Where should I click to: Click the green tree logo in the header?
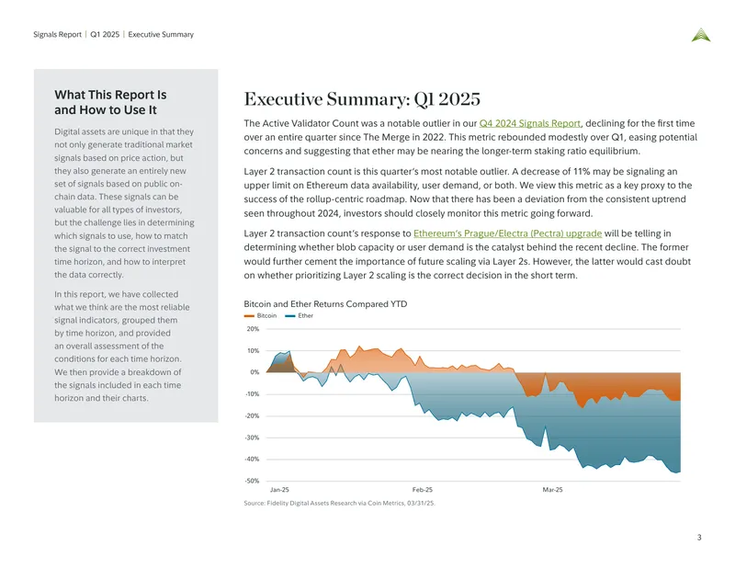pyautogui.click(x=701, y=35)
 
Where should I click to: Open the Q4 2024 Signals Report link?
pyautogui.click(x=530, y=123)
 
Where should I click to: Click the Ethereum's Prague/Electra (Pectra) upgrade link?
pyautogui.click(x=508, y=233)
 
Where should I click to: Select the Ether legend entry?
pyautogui.click(x=300, y=315)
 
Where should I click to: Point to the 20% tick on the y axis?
pyautogui.click(x=254, y=329)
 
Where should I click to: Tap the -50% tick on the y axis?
pyautogui.click(x=252, y=481)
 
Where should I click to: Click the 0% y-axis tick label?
pyautogui.click(x=254, y=372)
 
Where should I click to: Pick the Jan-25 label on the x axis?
pyautogui.click(x=279, y=490)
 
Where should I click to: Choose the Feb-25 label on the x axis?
pyautogui.click(x=423, y=490)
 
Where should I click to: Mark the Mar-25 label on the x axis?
pyautogui.click(x=553, y=490)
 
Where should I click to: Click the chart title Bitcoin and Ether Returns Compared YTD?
pyautogui.click(x=325, y=304)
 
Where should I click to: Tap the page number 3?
pyautogui.click(x=699, y=538)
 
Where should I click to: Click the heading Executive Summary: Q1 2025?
pyautogui.click(x=362, y=99)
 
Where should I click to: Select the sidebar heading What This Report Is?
pyautogui.click(x=110, y=95)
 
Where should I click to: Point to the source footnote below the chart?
pyautogui.click(x=339, y=504)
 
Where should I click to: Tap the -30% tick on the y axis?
pyautogui.click(x=252, y=437)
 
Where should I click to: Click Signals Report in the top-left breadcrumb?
pyautogui.click(x=57, y=34)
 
